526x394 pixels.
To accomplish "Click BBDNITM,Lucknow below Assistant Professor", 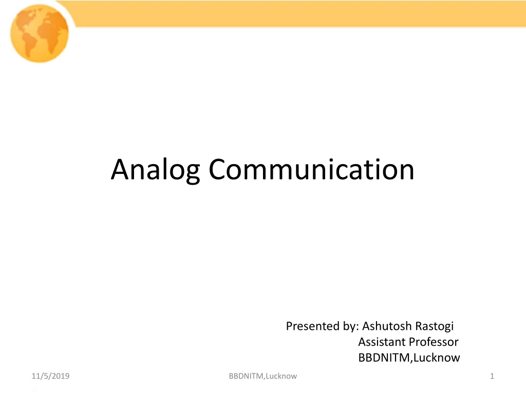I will point(409,358).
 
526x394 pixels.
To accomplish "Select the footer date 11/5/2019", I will point(50,377).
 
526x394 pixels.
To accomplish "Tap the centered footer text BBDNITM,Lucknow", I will point(263,377).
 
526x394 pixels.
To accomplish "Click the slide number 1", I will point(492,377).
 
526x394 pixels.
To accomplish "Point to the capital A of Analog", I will point(120,170).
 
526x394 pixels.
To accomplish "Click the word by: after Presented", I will point(349,326).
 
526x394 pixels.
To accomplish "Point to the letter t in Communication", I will point(358,170).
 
